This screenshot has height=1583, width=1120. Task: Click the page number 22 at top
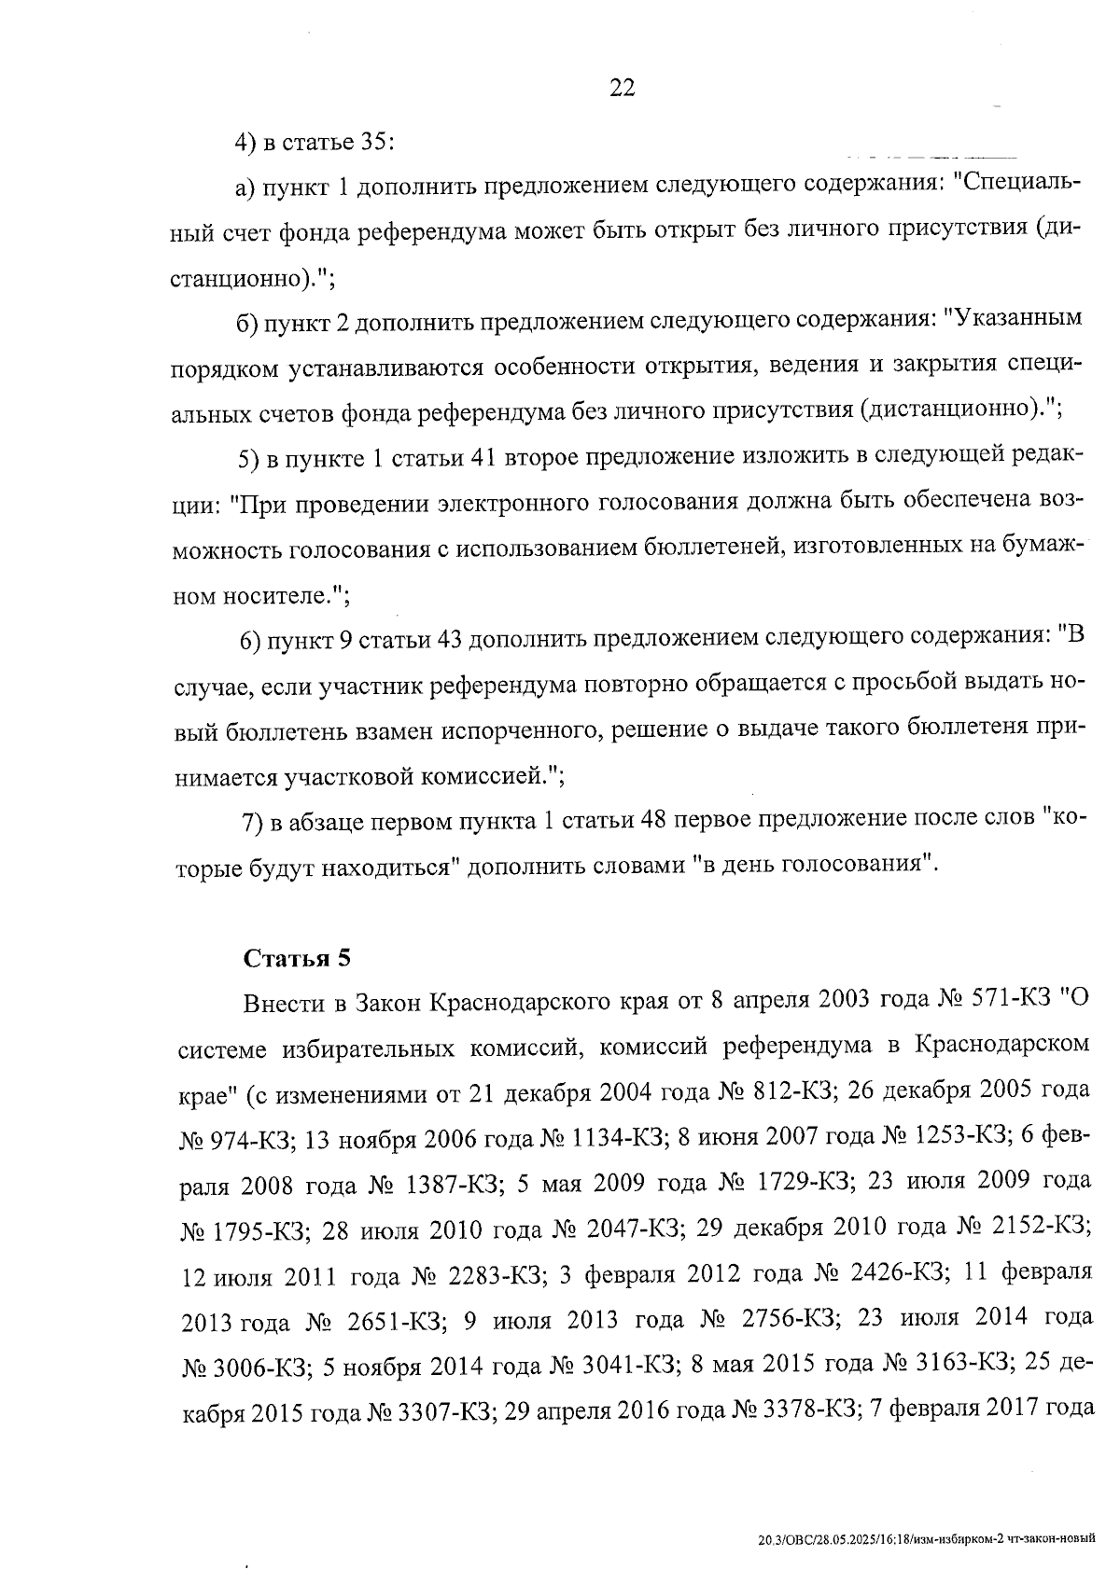622,88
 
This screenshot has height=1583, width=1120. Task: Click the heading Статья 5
296,958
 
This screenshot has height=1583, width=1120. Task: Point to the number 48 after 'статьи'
651,820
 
